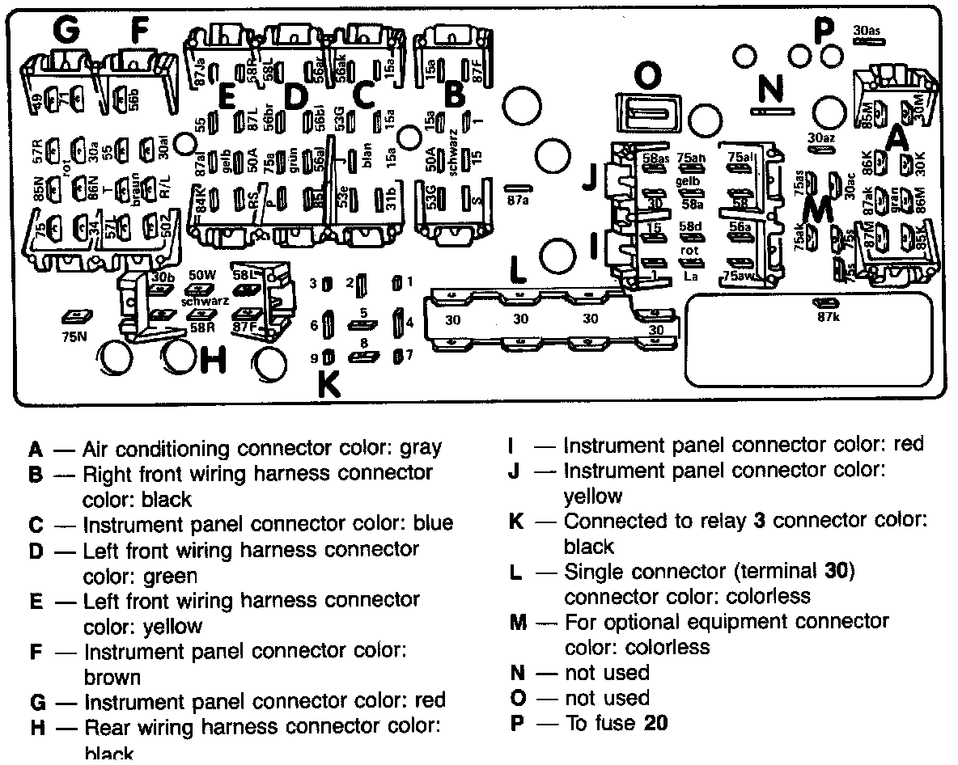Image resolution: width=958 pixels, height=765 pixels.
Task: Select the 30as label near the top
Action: [867, 30]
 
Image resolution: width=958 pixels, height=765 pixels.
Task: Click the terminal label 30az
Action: [820, 139]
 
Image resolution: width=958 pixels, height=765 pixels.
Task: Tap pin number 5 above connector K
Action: [364, 312]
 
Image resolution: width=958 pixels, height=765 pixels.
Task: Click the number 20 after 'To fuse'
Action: [655, 723]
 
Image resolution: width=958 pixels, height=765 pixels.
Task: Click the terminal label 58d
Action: [690, 227]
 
